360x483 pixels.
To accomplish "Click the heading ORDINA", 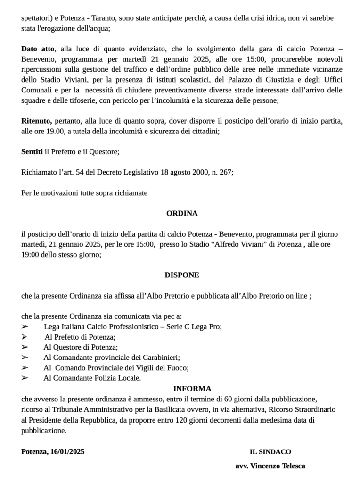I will click(182, 213).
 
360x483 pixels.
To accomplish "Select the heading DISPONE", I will click(182, 275).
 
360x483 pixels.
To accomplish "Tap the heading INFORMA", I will click(192, 389).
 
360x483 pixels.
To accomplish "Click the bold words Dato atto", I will click(38, 49).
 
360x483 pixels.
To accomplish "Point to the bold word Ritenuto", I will click(36, 121).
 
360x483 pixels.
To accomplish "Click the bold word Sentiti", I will click(32, 151).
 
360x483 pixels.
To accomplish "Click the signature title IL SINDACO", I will click(270, 451).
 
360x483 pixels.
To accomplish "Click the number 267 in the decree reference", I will click(225, 172).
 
